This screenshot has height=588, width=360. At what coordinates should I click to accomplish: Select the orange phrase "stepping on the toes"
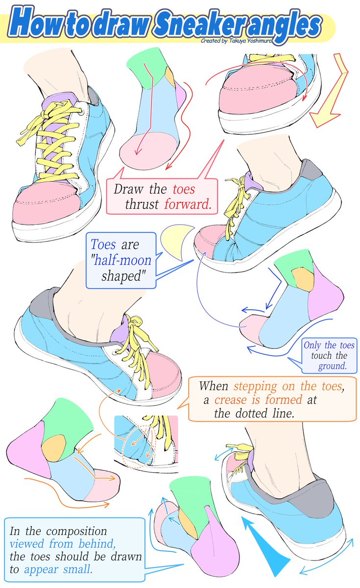coord(288,385)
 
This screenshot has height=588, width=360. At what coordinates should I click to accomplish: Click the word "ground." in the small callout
coord(333,366)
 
